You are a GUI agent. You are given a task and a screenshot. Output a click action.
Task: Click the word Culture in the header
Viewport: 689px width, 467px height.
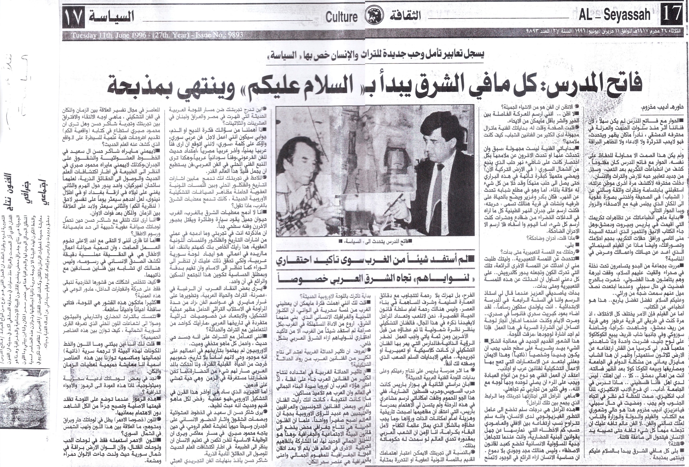point(341,17)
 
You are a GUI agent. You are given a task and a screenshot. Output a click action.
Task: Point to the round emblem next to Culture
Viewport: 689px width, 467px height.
point(371,17)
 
